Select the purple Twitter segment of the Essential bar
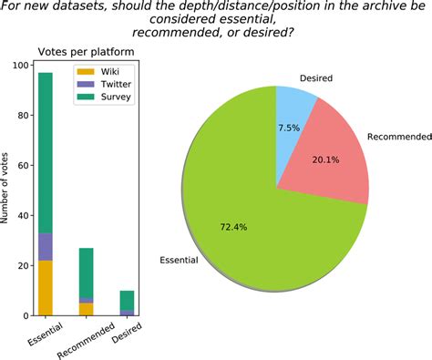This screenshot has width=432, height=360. coord(46,247)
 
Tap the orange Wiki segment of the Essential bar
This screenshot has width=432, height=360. coord(46,287)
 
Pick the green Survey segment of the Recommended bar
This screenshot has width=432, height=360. coord(87,273)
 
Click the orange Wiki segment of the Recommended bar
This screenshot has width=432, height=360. coord(87,309)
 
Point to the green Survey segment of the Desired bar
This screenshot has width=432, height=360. coord(128,300)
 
